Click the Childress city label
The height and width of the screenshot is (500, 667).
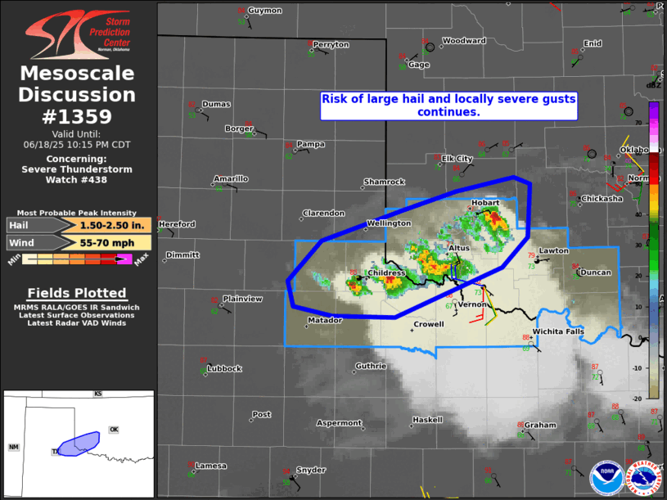(x=387, y=273)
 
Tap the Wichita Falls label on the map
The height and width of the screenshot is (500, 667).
(x=558, y=331)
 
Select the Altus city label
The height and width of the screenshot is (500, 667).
(x=458, y=247)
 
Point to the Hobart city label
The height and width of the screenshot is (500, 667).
(x=485, y=204)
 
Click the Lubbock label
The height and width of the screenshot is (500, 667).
(x=224, y=369)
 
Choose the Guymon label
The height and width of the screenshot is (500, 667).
(x=264, y=11)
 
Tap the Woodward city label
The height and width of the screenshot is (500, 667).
(x=464, y=41)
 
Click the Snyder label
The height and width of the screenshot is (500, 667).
(x=310, y=471)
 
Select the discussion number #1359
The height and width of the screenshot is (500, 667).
(x=77, y=116)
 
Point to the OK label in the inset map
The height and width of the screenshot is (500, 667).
(x=114, y=430)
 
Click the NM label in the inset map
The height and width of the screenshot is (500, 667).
(x=14, y=447)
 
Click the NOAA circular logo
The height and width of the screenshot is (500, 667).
(x=605, y=478)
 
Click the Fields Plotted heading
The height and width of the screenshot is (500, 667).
(x=77, y=293)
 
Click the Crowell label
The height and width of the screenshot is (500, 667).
(x=428, y=325)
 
